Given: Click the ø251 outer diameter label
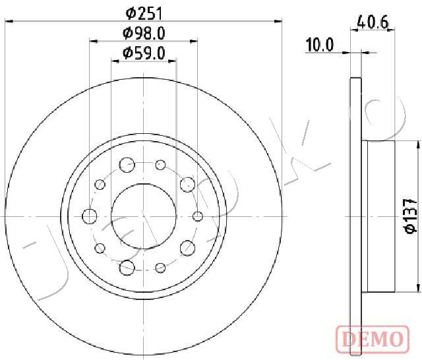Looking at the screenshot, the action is tap(144, 13).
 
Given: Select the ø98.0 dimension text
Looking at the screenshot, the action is tap(144, 34).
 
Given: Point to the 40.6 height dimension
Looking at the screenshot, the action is tap(373, 22).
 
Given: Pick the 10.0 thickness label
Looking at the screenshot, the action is tap(320, 45).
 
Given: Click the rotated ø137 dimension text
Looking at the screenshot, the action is tap(411, 216).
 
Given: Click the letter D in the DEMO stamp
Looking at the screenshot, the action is tap(349, 338).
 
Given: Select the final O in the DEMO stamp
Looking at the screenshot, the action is tap(396, 338).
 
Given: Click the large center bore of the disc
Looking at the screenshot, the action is tap(144, 216).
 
